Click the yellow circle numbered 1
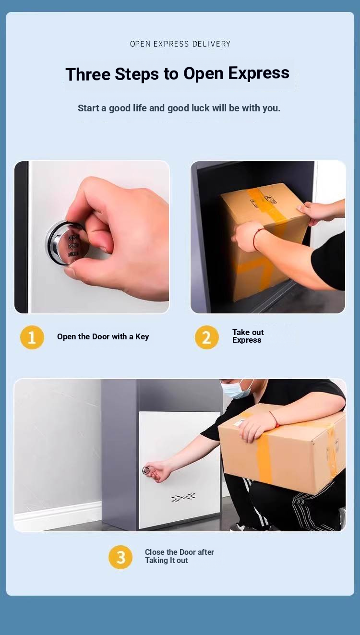pos(32,337)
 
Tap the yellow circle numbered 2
pos(207,337)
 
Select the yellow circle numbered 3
pos(120,557)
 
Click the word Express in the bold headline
pos(259,73)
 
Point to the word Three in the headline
pos(88,74)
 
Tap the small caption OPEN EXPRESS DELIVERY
pos(180,44)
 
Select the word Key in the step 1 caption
pos(142,337)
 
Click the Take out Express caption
pos(248,336)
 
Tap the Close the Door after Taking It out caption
pos(180,556)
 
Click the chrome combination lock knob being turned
pos(68,243)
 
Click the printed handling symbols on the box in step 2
pos(264,200)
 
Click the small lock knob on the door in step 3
pos(147,470)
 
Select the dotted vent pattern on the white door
pos(183,497)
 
